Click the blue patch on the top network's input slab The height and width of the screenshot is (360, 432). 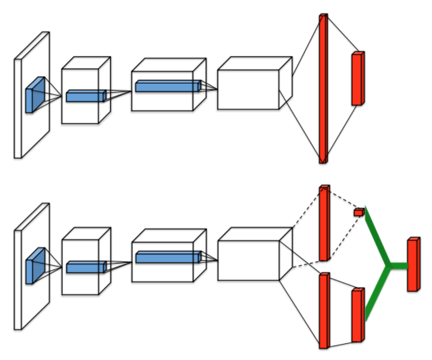coord(35,95)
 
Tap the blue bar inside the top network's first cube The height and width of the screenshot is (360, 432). coord(86,96)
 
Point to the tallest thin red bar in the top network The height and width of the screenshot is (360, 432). coord(323,88)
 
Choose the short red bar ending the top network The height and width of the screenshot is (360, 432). coord(357,79)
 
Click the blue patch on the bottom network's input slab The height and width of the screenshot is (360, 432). coord(35,266)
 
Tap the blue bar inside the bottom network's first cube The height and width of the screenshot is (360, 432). coord(86,267)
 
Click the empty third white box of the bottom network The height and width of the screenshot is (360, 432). coord(248,260)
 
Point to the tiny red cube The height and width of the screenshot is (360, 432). coord(358,212)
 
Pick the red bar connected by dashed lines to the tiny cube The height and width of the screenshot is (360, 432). coord(324,223)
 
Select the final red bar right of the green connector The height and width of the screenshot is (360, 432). coord(413,265)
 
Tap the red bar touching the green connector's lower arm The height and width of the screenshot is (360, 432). coord(357,315)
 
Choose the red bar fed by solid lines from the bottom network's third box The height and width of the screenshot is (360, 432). coord(324,310)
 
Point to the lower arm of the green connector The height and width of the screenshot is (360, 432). coord(375,295)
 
